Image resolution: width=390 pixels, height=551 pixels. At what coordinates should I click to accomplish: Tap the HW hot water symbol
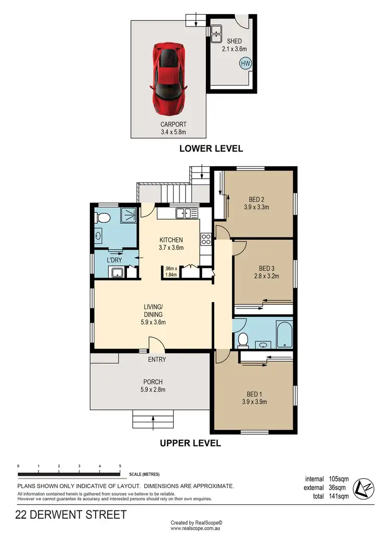(245, 63)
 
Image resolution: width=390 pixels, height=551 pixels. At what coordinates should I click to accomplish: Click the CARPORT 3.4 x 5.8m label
(174, 128)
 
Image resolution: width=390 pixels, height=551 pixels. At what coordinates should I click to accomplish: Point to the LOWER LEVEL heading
(211, 148)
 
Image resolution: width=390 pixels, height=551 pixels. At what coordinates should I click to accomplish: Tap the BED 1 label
(254, 397)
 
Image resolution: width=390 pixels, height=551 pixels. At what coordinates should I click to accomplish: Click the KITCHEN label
(171, 244)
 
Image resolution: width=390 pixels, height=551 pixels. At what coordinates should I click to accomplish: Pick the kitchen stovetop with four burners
(205, 239)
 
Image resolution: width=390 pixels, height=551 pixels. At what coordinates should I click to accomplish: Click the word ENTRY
(157, 359)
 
